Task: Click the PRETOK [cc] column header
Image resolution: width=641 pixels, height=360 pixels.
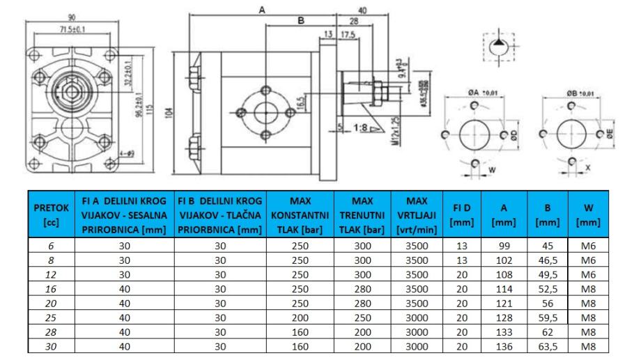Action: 52,214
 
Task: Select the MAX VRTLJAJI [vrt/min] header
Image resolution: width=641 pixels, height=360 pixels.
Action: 417,214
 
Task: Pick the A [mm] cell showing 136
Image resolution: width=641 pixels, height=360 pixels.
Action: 503,347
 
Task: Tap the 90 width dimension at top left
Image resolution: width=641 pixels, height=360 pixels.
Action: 71,17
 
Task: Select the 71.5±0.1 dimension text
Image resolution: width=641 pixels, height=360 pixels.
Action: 71,29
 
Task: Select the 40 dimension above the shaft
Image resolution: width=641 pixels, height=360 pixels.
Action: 363,10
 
